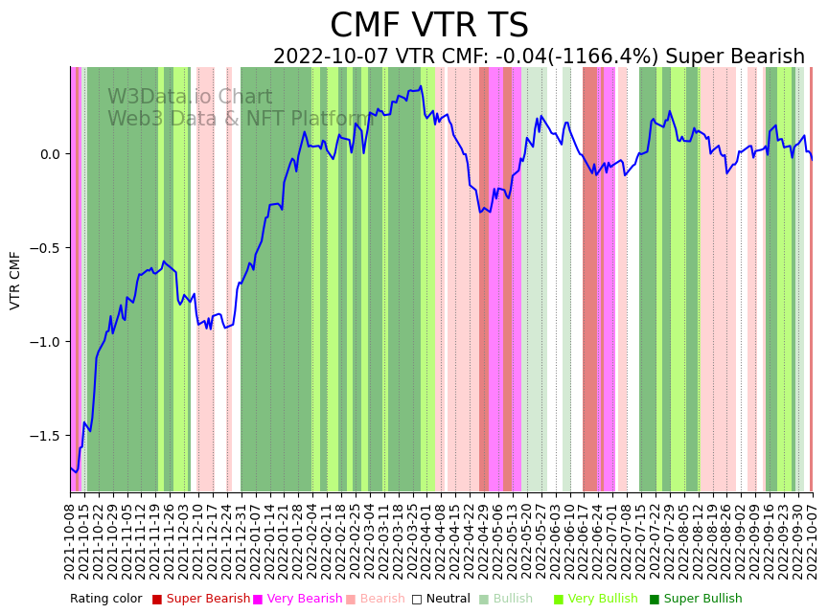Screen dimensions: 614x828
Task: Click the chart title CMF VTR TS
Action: tap(429, 26)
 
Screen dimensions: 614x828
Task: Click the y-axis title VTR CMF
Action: tap(15, 280)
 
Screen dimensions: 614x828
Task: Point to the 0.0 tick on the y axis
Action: tap(48, 154)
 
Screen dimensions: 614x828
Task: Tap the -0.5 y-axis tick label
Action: tap(45, 248)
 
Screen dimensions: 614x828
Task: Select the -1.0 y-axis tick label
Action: tap(45, 342)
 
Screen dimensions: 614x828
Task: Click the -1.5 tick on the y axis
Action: tap(45, 436)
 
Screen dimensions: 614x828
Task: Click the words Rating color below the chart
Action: tap(105, 599)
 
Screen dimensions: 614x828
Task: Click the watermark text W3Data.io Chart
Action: tap(190, 98)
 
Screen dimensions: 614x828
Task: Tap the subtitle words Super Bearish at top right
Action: tap(735, 57)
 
